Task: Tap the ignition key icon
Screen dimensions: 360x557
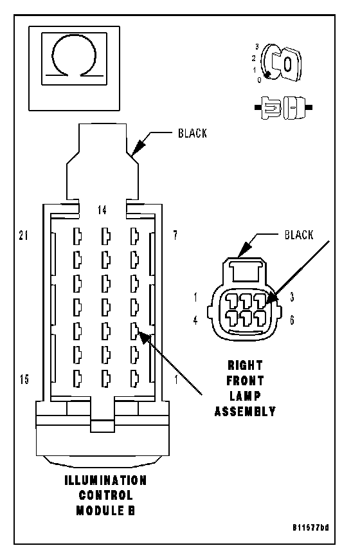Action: click(281, 63)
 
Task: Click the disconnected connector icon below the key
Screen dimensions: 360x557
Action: click(283, 107)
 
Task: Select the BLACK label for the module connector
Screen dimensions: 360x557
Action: click(192, 133)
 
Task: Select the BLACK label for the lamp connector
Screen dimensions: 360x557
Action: click(299, 235)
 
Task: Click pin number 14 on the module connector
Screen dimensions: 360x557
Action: click(102, 210)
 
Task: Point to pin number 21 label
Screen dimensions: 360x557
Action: click(23, 235)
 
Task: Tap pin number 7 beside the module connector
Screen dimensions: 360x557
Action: click(175, 235)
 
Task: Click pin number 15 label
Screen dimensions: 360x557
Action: click(24, 379)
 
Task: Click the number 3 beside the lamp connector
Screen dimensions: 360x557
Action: click(292, 297)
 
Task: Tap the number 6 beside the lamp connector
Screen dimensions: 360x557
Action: click(292, 320)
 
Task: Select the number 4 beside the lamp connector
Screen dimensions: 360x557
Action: click(195, 320)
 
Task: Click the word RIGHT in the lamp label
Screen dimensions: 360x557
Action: click(245, 365)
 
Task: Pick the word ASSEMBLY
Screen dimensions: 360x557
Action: click(245, 412)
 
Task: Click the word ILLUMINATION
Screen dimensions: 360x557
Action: click(105, 480)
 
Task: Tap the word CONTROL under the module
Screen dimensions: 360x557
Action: click(105, 495)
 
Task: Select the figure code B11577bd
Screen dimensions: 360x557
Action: click(310, 527)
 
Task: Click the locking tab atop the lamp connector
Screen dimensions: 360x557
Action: click(246, 269)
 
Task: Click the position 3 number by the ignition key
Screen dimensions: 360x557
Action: click(256, 46)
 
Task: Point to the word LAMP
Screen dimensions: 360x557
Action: click(245, 396)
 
